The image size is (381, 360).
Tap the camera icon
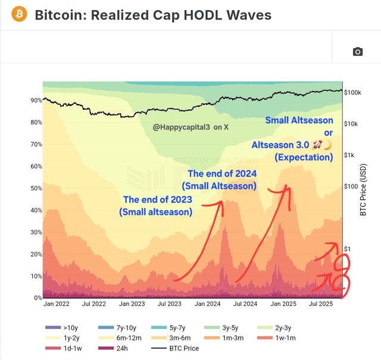pos(357,52)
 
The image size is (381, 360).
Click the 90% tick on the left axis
pos(36,101)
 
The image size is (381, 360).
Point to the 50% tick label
pos(36,189)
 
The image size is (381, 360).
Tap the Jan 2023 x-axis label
pos(132,304)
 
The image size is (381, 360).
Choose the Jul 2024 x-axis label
pos(245,304)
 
